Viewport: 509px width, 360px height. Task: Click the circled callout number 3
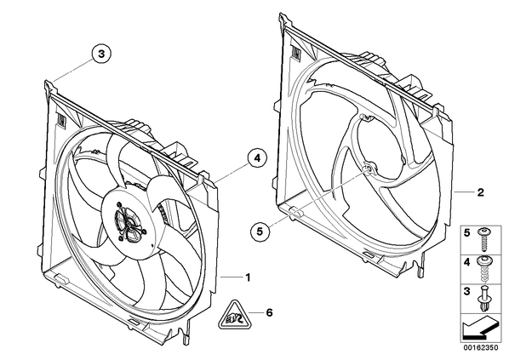tap(101, 54)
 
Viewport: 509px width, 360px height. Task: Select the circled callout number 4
tap(257, 158)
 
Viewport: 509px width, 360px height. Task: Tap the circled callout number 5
tap(260, 231)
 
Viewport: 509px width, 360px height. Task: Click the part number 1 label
tap(248, 277)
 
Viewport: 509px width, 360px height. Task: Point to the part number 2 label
tap(480, 192)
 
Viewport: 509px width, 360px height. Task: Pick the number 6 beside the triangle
tap(269, 313)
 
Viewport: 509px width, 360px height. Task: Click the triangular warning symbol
tap(234, 316)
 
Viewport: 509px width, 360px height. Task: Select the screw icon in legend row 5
tap(483, 239)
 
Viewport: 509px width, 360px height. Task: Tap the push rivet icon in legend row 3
tap(483, 299)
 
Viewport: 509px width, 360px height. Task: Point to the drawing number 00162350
tap(480, 348)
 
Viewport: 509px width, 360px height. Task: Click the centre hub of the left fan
tap(129, 224)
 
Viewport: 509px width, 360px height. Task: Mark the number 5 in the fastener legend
tap(466, 233)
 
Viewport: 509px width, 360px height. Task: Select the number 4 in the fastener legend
tap(466, 262)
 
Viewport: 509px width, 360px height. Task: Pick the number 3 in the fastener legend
tap(466, 292)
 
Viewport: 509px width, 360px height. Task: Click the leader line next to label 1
tap(232, 277)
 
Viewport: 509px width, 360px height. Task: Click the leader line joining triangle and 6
tap(256, 313)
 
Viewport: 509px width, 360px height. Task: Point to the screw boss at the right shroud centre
tap(369, 169)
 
